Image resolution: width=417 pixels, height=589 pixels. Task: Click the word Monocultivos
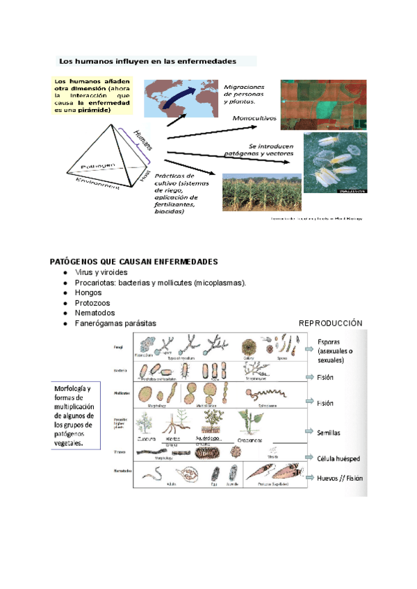click(254, 118)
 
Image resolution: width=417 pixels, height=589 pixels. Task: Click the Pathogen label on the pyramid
click(102, 167)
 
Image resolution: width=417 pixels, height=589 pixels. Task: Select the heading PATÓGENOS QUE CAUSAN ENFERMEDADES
click(134, 262)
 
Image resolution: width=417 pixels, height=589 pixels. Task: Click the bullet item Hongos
click(88, 293)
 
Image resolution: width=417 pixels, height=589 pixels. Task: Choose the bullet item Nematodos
click(95, 313)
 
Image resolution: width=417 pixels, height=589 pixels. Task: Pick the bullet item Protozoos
click(92, 304)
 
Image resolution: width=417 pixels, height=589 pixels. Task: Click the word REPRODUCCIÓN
click(331, 324)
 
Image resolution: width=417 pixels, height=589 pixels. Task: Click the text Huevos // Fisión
click(339, 479)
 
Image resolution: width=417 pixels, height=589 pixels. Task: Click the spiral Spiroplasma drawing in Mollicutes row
click(262, 396)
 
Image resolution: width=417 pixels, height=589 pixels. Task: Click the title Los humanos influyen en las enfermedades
click(146, 60)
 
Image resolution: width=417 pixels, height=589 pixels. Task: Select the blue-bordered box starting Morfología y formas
click(74, 415)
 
